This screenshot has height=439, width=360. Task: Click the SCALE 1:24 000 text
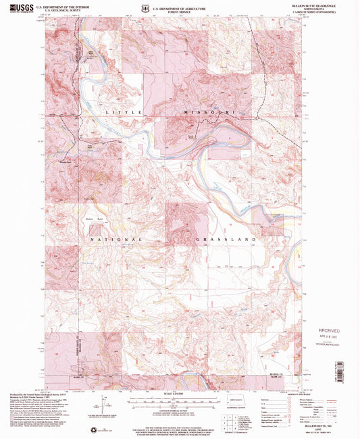[x=180, y=394]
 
